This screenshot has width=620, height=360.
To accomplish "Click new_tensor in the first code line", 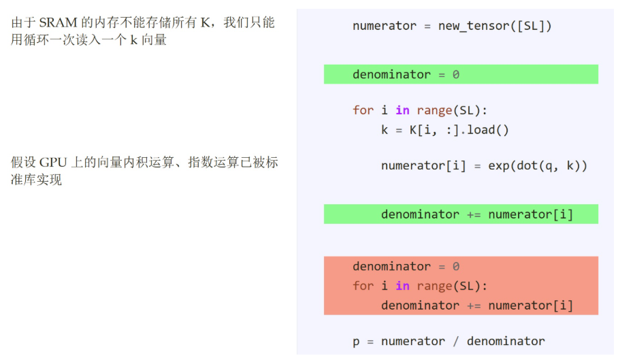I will click(x=470, y=26).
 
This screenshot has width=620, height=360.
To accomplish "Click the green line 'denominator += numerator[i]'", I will click(x=477, y=214).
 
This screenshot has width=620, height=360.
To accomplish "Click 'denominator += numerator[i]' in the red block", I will click(x=477, y=306).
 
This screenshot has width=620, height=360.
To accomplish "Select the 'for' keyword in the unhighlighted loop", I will click(x=363, y=110).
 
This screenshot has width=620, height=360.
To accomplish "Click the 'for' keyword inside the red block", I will click(x=363, y=286).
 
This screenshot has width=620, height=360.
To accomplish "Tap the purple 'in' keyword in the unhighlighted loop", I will click(x=402, y=110).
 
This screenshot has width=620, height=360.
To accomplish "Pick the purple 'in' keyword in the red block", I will click(x=402, y=286).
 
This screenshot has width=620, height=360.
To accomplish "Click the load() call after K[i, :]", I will click(x=487, y=130).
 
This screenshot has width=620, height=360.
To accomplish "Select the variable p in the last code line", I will click(x=356, y=342).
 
